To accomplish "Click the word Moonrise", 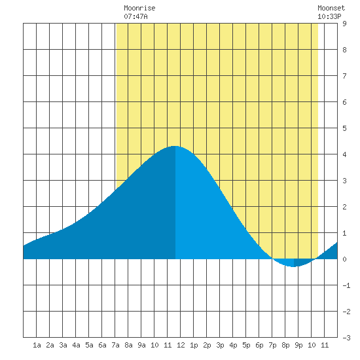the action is coord(139,8).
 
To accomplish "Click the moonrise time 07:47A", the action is coord(135,16).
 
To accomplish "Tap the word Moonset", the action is coord(331,8).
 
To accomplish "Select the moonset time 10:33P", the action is coord(329,16).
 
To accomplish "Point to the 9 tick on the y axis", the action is coord(344,24).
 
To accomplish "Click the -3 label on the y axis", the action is coord(346,338).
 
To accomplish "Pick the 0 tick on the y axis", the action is coord(344,259).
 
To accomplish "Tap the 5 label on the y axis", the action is coord(344,128).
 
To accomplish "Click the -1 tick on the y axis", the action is coord(346,285).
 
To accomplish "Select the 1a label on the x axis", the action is coord(37,345).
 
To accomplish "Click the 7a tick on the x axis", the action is coord(115,345).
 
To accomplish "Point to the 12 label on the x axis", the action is coord(181,345).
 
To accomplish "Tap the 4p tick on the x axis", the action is coord(233,345).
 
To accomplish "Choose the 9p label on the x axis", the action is coord(298,345).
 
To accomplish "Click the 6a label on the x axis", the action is coord(102,345).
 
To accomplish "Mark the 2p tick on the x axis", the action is coord(207,345).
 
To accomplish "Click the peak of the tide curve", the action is coord(175,146).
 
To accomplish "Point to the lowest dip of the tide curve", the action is coord(293,267).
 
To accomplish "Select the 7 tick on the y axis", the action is coord(344,76).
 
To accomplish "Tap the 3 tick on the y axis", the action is coord(344,181).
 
